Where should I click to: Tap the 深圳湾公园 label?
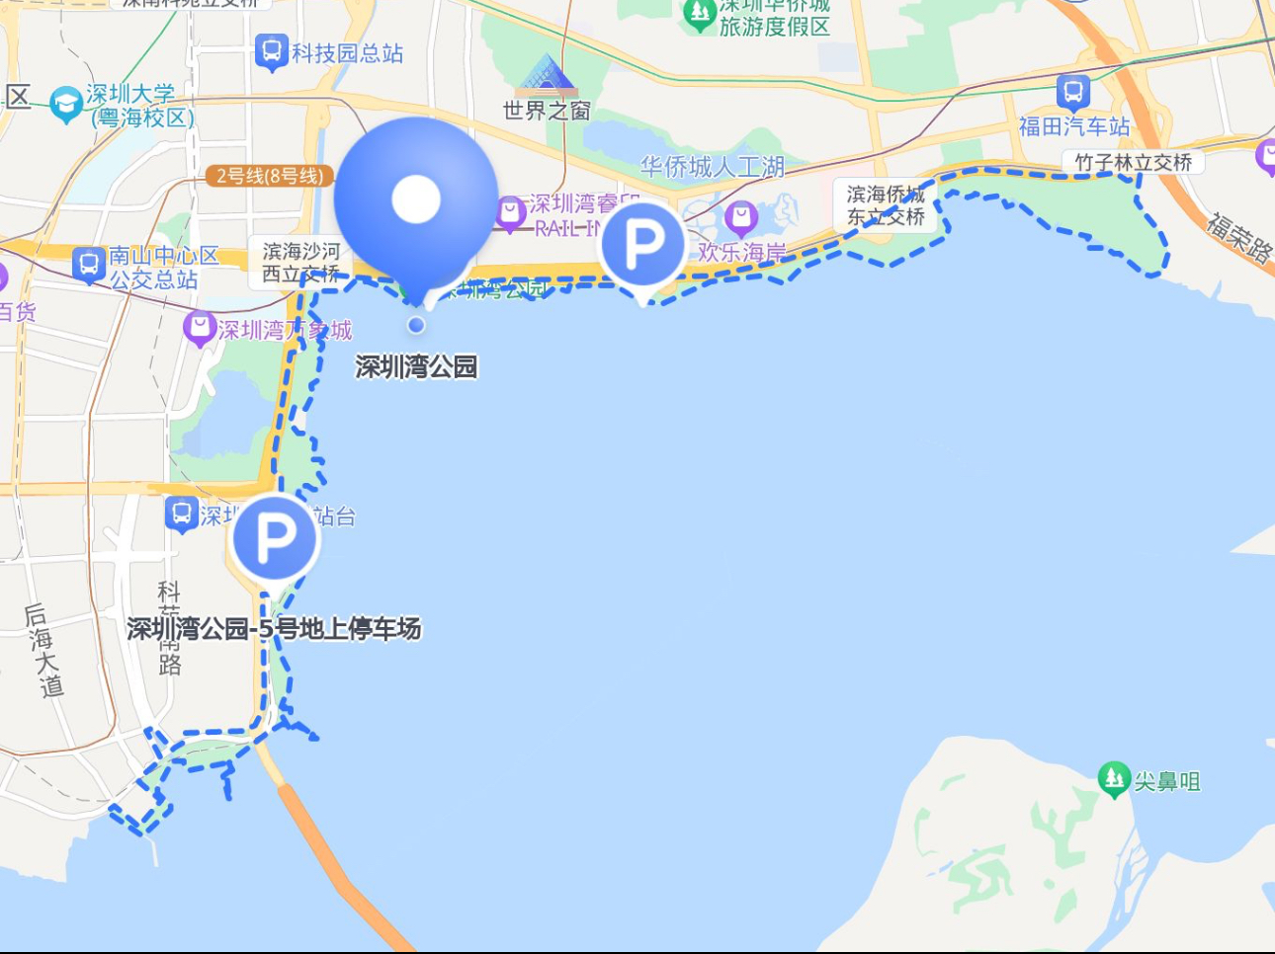click(x=416, y=367)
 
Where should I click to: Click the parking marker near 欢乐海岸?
click(x=642, y=244)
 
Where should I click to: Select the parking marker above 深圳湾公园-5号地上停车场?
click(x=275, y=538)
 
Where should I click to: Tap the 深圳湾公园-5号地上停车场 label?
click(x=274, y=628)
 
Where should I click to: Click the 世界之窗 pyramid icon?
click(x=547, y=75)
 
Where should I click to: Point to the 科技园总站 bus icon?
click(x=271, y=52)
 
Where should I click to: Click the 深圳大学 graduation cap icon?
click(x=66, y=104)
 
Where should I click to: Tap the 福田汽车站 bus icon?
click(x=1072, y=93)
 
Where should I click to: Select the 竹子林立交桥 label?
click(x=1134, y=162)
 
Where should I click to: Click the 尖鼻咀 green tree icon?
click(x=1114, y=779)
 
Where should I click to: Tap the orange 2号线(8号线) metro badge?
click(x=270, y=176)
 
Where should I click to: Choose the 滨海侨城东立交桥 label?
click(x=886, y=205)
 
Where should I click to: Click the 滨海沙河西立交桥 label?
click(x=300, y=263)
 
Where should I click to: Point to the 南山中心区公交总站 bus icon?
click(x=89, y=265)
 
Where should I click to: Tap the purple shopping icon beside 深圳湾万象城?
click(x=200, y=329)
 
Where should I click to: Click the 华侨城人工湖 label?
click(x=712, y=167)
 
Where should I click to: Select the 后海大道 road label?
click(x=42, y=650)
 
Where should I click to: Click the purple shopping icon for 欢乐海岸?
click(x=740, y=217)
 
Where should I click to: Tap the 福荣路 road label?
click(x=1239, y=235)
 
